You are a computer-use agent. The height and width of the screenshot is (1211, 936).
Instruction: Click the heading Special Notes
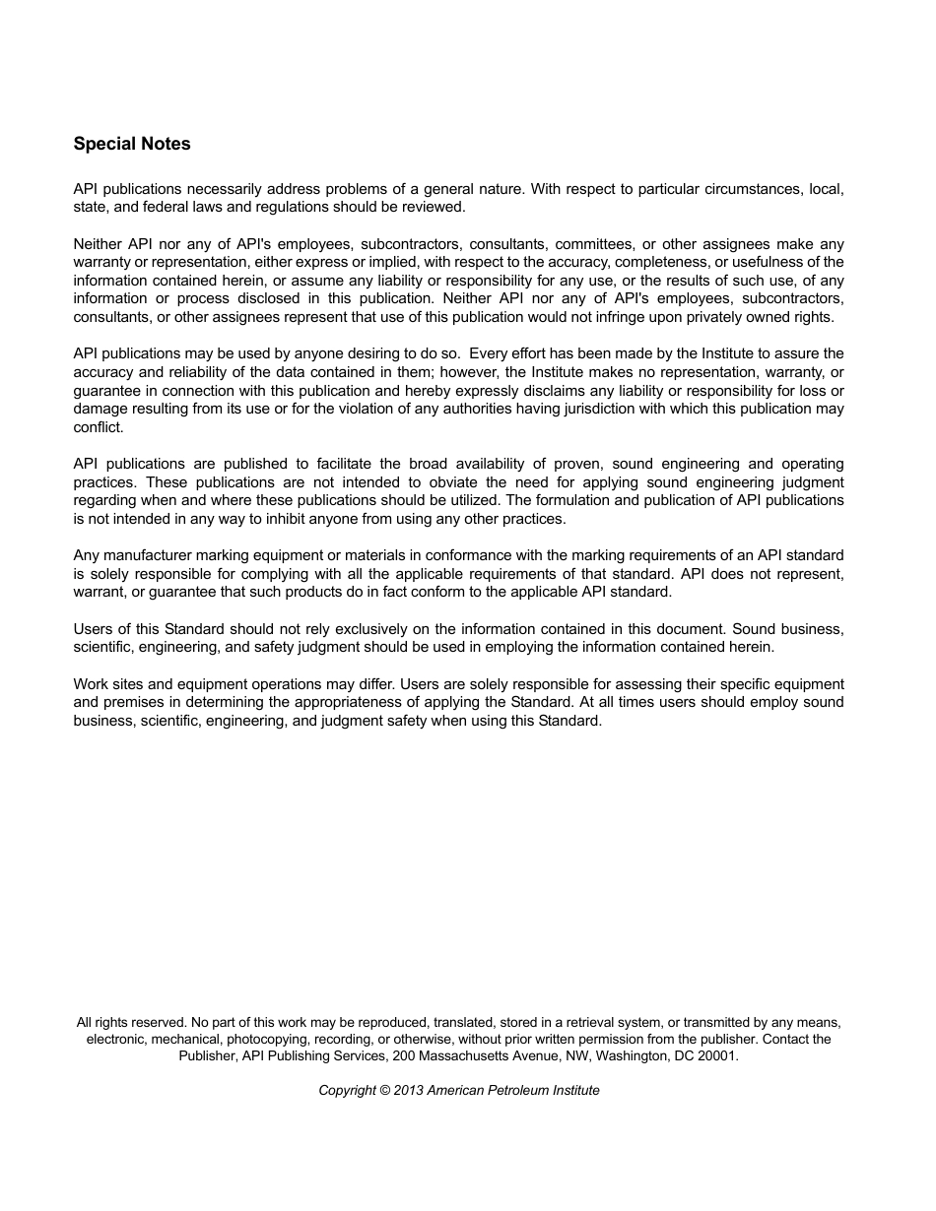[132, 144]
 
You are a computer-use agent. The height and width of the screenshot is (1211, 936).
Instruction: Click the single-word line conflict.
[99, 427]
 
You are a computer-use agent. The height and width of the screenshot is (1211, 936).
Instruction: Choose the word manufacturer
[150, 555]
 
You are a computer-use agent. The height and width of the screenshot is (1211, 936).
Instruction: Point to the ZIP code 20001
[715, 1055]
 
